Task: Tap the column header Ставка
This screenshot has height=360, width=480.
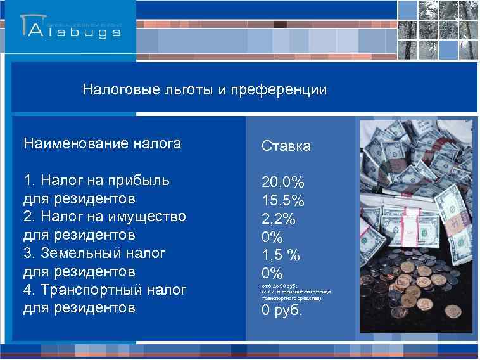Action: coord(286,146)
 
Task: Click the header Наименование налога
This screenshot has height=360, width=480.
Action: coord(102,144)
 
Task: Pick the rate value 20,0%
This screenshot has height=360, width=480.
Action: coord(283,183)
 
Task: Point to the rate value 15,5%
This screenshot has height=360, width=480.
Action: coord(283,201)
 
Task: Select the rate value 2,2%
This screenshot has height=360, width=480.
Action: coord(279,219)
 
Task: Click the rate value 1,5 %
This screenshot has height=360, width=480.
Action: coord(281,255)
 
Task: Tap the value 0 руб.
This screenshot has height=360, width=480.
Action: coord(282,311)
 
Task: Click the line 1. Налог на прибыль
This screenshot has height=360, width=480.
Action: coord(96,181)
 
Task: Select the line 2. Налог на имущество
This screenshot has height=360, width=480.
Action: coord(104,217)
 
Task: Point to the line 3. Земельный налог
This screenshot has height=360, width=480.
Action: coord(94,254)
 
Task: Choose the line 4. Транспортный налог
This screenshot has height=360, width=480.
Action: coord(104,290)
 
